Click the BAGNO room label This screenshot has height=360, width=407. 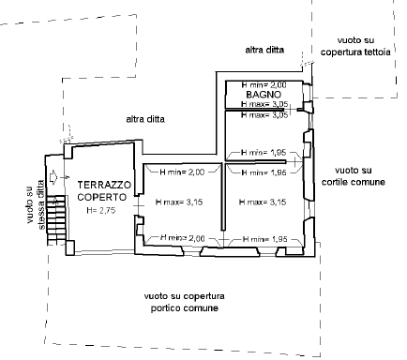click(x=264, y=95)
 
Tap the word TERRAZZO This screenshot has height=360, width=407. click(x=104, y=185)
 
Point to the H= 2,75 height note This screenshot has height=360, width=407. click(x=101, y=210)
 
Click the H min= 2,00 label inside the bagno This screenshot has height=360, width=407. click(x=264, y=84)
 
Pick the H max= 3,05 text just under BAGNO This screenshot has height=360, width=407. click(x=264, y=104)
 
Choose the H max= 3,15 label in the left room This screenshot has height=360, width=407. click(x=179, y=202)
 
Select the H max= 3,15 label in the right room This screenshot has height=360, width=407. click(x=263, y=202)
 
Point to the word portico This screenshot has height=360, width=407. click(x=166, y=308)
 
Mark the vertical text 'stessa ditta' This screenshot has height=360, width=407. click(x=41, y=205)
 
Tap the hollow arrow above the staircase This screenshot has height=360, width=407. click(x=53, y=177)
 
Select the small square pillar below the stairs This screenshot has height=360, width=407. click(x=70, y=247)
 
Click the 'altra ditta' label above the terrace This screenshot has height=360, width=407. click(x=145, y=119)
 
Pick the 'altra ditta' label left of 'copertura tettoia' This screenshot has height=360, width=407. click(x=264, y=50)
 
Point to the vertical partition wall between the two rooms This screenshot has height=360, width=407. click(x=223, y=197)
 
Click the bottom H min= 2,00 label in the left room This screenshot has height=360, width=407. click(x=183, y=238)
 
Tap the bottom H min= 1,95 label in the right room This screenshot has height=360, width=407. click(x=264, y=239)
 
